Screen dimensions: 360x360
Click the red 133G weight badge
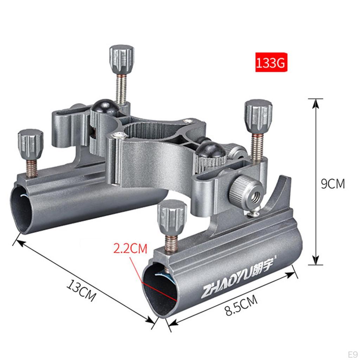click(x=271, y=63)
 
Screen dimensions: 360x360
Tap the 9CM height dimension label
click(x=333, y=184)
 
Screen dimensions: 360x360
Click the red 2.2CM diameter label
click(x=130, y=249)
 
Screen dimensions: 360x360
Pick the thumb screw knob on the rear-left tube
click(x=31, y=144)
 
